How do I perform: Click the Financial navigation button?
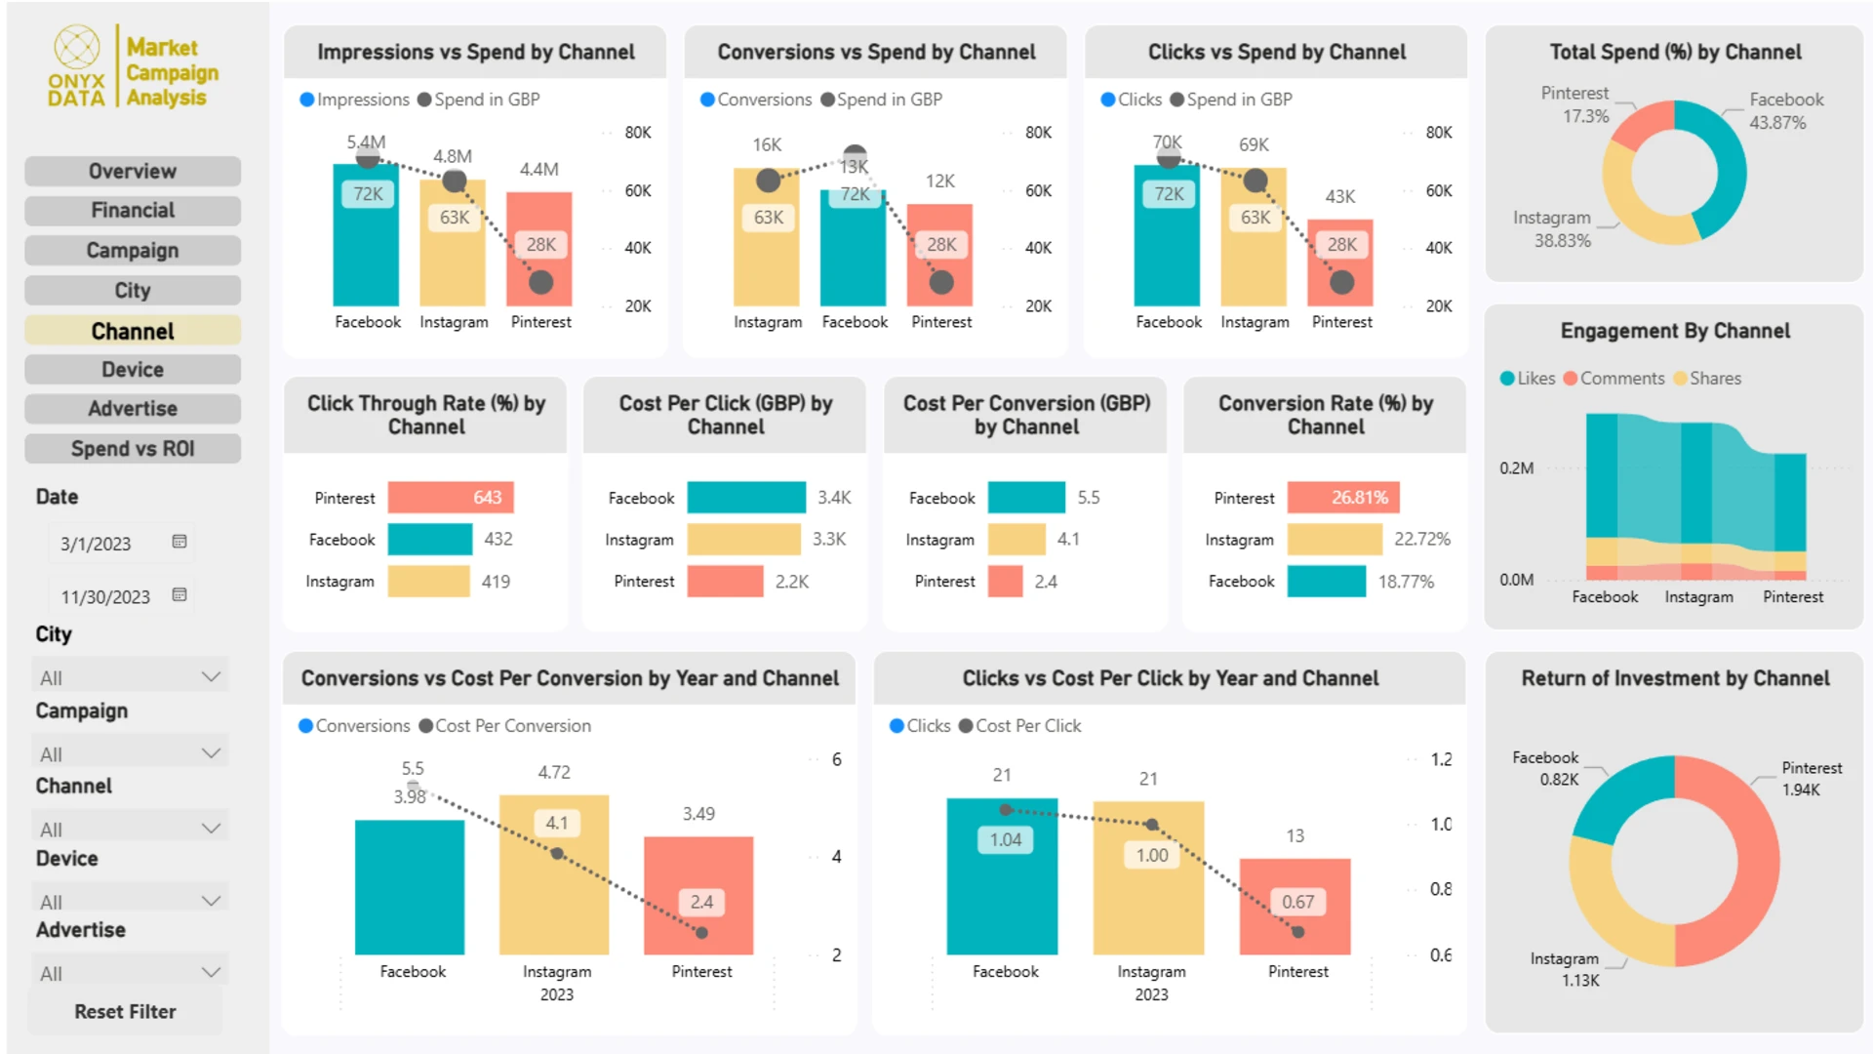pos(133,211)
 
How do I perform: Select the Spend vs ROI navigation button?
pos(133,449)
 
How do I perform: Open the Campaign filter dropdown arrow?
pos(211,752)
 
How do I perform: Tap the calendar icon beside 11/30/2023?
pos(179,595)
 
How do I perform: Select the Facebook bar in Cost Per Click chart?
pos(746,498)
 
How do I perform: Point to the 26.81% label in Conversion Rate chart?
pos(1359,498)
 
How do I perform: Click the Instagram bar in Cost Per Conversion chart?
pos(1016,539)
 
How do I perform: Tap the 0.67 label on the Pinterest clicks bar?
pos(1297,902)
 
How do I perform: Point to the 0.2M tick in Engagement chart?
pos(1516,468)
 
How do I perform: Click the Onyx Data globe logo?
pos(77,47)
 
